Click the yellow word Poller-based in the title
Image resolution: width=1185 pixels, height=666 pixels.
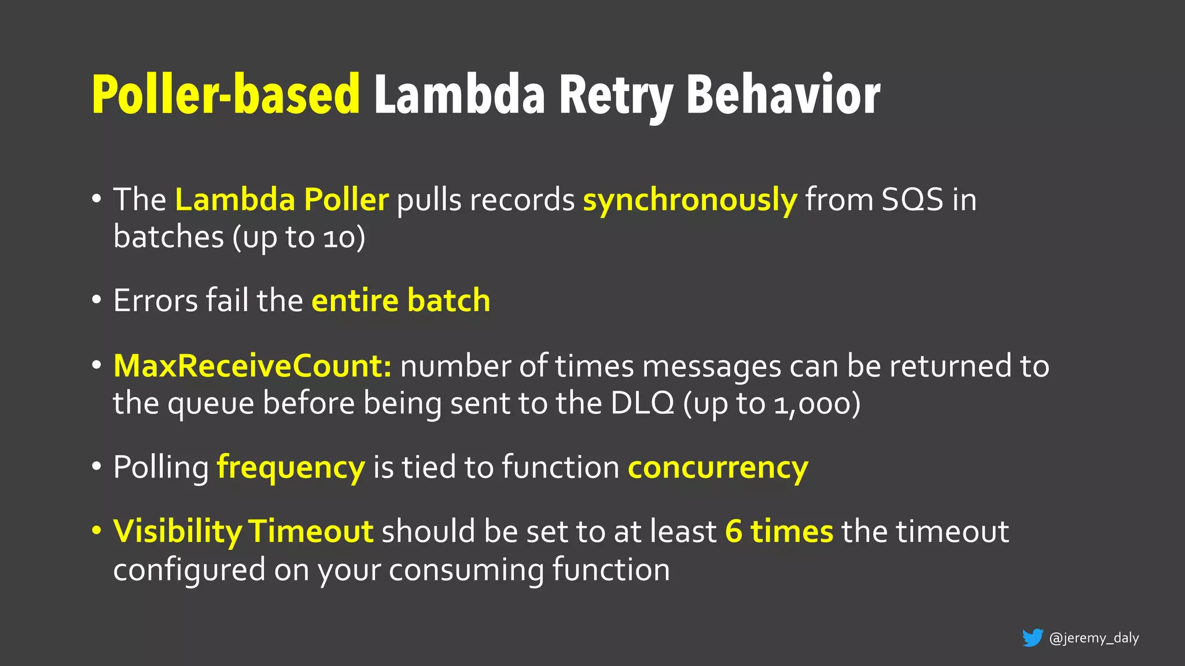[226, 95]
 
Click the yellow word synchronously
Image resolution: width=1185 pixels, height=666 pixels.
[690, 200]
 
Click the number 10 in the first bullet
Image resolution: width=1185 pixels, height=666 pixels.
[339, 238]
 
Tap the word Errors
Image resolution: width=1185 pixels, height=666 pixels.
[156, 301]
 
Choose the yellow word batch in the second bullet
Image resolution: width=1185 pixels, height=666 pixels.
[448, 301]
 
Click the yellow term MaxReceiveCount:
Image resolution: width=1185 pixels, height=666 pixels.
[253, 367]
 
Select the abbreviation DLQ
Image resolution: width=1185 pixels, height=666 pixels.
[642, 403]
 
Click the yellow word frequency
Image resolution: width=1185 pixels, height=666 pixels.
[290, 468]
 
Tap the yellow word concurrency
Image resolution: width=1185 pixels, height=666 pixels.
[717, 468]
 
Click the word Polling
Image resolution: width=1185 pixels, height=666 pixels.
[161, 468]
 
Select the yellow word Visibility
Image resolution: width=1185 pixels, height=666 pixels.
[178, 532]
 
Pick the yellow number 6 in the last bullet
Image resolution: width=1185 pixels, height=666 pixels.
[734, 532]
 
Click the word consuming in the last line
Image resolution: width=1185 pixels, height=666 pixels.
[466, 570]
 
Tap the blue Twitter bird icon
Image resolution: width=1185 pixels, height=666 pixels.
[1032, 638]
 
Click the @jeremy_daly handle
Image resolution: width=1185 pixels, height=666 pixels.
[1094, 638]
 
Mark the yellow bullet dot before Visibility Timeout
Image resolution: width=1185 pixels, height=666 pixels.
[97, 531]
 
